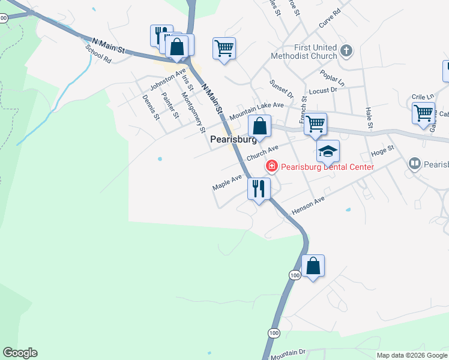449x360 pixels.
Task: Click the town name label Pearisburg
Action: point(234,139)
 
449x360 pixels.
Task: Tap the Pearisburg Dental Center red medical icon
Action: point(271,166)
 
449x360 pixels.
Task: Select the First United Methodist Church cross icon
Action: point(345,50)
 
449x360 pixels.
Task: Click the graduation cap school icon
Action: point(328,151)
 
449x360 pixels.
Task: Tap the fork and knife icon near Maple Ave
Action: point(259,188)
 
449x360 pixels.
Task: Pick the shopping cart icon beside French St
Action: point(315,124)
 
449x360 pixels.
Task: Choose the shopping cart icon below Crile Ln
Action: point(424,112)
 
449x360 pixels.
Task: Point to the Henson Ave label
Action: point(308,205)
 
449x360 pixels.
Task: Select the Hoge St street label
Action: point(382,149)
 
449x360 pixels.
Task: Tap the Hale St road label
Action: point(370,118)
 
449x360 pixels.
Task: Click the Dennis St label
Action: point(151,107)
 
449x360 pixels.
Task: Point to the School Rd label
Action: point(99,52)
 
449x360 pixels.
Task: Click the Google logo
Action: point(20,353)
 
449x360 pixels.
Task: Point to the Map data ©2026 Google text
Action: point(411,355)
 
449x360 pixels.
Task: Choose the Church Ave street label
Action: point(262,154)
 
